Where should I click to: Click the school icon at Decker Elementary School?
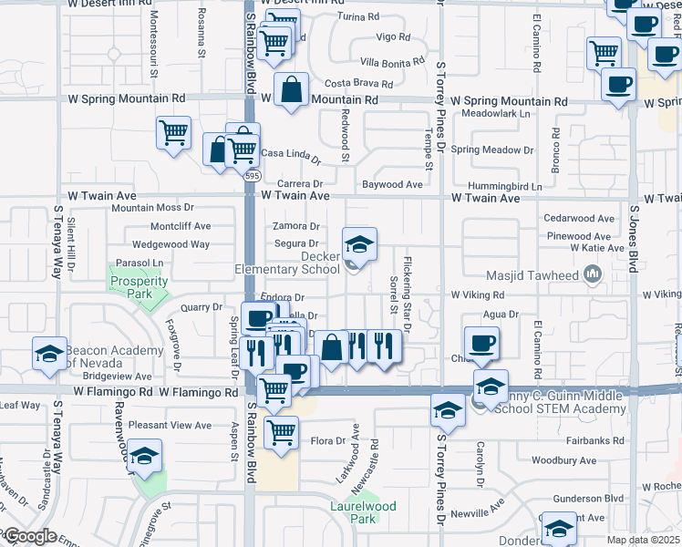click(x=359, y=243)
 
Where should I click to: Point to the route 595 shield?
click(x=253, y=175)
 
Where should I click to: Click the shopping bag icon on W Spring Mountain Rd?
click(x=291, y=90)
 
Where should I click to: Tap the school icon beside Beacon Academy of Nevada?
click(x=48, y=353)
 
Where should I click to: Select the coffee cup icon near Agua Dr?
click(x=480, y=343)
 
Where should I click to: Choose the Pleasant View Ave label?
click(x=170, y=425)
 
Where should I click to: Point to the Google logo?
click(x=29, y=536)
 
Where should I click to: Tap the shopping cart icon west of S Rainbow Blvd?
click(x=172, y=133)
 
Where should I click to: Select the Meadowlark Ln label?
click(x=496, y=114)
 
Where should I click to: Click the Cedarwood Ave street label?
click(x=579, y=219)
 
